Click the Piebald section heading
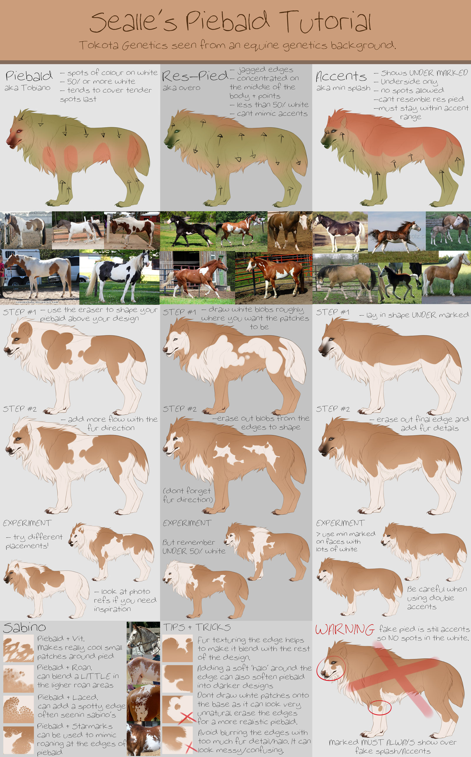pos(29,76)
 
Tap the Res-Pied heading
pos(195,76)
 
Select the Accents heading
pos(341,76)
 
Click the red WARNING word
pos(344,629)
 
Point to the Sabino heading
pos(24,627)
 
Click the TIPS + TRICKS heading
pos(197,627)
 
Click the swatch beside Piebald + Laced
pos(18,710)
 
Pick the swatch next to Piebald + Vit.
pos(18,649)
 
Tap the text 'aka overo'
pos(181,88)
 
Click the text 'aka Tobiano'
pos(27,88)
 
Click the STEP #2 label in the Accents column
pos(333,409)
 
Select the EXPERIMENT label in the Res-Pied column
pos(187,523)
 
